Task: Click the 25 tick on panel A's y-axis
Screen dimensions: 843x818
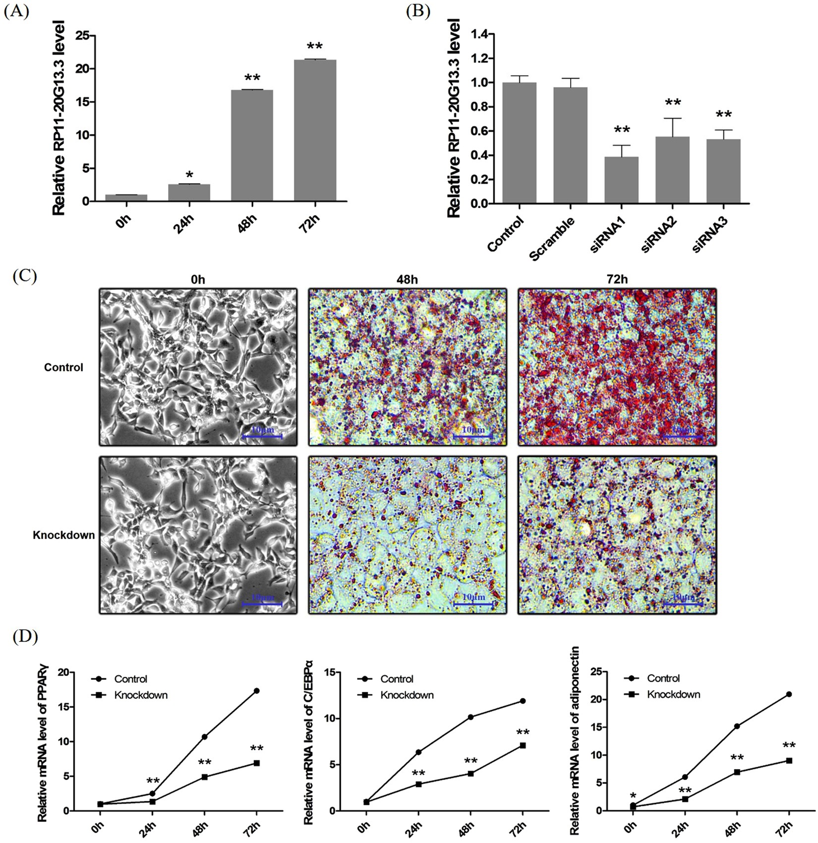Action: point(83,36)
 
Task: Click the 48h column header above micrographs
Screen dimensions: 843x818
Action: point(407,280)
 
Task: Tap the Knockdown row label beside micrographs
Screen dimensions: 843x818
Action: point(63,535)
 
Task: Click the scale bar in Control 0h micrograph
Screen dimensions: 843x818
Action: point(262,436)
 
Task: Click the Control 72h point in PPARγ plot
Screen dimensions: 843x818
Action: point(256,690)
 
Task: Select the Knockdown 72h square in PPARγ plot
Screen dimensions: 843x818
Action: point(256,763)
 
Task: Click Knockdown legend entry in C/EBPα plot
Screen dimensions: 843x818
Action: point(407,695)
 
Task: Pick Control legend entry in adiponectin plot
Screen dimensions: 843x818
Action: point(663,678)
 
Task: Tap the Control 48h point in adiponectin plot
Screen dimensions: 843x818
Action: point(737,726)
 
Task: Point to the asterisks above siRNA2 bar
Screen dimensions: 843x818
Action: point(672,103)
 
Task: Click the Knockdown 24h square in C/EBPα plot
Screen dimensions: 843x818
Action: point(418,784)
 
